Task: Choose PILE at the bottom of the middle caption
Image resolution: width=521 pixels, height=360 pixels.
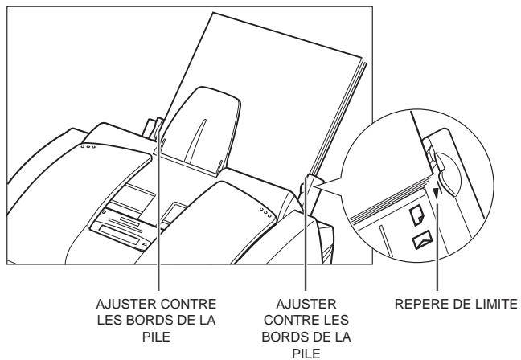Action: (x=306, y=351)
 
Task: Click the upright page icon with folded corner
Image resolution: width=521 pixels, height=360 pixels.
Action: (x=417, y=215)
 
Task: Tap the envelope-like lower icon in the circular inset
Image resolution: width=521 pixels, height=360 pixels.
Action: (x=420, y=239)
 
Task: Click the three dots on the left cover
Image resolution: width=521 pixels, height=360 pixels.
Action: (x=89, y=147)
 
